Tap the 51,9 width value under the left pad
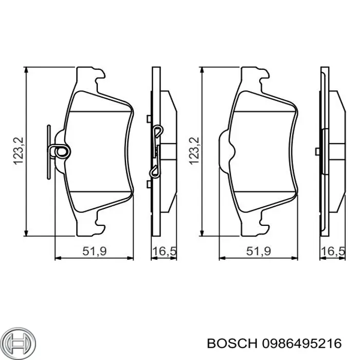pyautogui.click(x=94, y=251)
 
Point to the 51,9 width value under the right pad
pyautogui.click(x=259, y=251)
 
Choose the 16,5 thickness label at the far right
pyautogui.click(x=332, y=251)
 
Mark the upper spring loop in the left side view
pyautogui.click(x=158, y=131)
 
